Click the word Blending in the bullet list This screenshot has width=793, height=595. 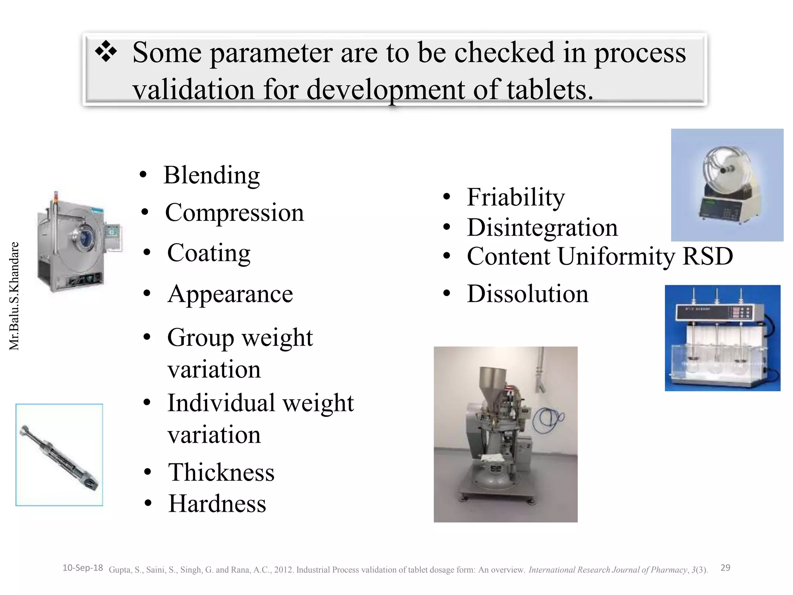tap(211, 175)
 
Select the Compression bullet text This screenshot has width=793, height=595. tap(234, 213)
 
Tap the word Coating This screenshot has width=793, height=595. tap(209, 253)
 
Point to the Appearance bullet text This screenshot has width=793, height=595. tap(230, 294)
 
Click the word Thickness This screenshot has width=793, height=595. tap(221, 472)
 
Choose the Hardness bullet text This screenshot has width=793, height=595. tap(217, 504)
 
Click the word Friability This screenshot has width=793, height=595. tap(516, 197)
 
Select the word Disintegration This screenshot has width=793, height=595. tap(542, 227)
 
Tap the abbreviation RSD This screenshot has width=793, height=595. tap(707, 256)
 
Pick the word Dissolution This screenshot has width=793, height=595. tap(527, 294)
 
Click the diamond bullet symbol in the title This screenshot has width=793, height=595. tap(106, 53)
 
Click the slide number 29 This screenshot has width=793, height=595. tap(725, 568)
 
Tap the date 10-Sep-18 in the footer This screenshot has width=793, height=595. tap(82, 568)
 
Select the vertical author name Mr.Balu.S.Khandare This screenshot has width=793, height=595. tap(14, 296)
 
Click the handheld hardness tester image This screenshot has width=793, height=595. tap(59, 455)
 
